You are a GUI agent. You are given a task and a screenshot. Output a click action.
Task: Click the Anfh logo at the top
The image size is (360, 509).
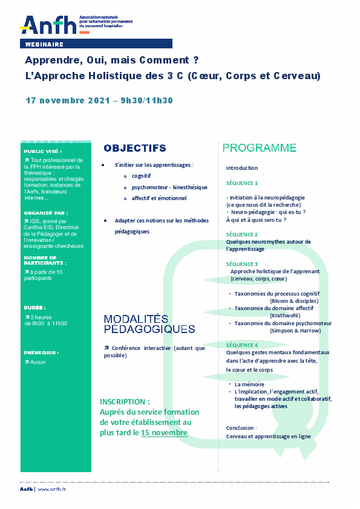click(50, 24)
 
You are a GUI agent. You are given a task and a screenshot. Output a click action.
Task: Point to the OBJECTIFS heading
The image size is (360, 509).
click(135, 148)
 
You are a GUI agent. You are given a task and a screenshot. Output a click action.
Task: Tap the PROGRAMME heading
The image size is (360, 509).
click(260, 148)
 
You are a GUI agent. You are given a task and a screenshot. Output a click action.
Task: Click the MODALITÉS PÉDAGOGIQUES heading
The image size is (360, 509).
click(149, 324)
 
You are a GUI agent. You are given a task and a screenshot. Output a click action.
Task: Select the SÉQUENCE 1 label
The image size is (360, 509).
click(242, 183)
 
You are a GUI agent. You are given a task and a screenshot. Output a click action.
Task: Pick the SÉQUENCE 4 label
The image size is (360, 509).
click(242, 345)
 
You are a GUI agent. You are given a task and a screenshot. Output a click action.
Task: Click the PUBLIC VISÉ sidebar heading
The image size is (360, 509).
click(43, 152)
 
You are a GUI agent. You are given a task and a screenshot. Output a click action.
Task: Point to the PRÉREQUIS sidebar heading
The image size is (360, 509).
click(41, 352)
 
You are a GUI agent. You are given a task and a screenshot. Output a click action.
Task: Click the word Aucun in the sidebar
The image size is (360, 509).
click(38, 362)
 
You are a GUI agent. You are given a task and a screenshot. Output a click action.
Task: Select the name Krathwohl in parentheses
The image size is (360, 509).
click(287, 316)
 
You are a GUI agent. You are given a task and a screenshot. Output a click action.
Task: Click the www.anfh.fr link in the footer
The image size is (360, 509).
click(51, 489)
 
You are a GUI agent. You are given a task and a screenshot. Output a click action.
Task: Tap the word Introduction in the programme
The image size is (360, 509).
click(242, 168)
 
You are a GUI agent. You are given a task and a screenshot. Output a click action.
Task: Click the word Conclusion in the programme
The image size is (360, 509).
click(240, 427)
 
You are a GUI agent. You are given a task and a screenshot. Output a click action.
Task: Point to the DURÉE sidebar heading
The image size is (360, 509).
click(35, 307)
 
